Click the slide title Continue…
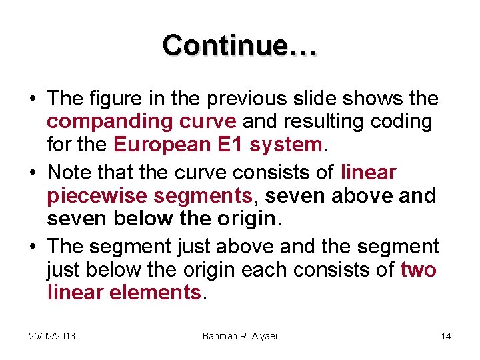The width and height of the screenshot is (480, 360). pos(240,45)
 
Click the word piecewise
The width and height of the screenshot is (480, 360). pos(91,196)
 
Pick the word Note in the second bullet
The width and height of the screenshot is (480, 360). pos(69,173)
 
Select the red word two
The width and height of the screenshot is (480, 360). pos(419,269)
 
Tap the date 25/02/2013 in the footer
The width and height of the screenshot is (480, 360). pos(52,335)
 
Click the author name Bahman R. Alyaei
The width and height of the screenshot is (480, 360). pos(239,335)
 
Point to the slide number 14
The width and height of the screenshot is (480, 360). pos(446,335)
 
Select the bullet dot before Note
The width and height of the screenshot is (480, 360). pos(33,173)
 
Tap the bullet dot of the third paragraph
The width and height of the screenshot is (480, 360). pos(33,247)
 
